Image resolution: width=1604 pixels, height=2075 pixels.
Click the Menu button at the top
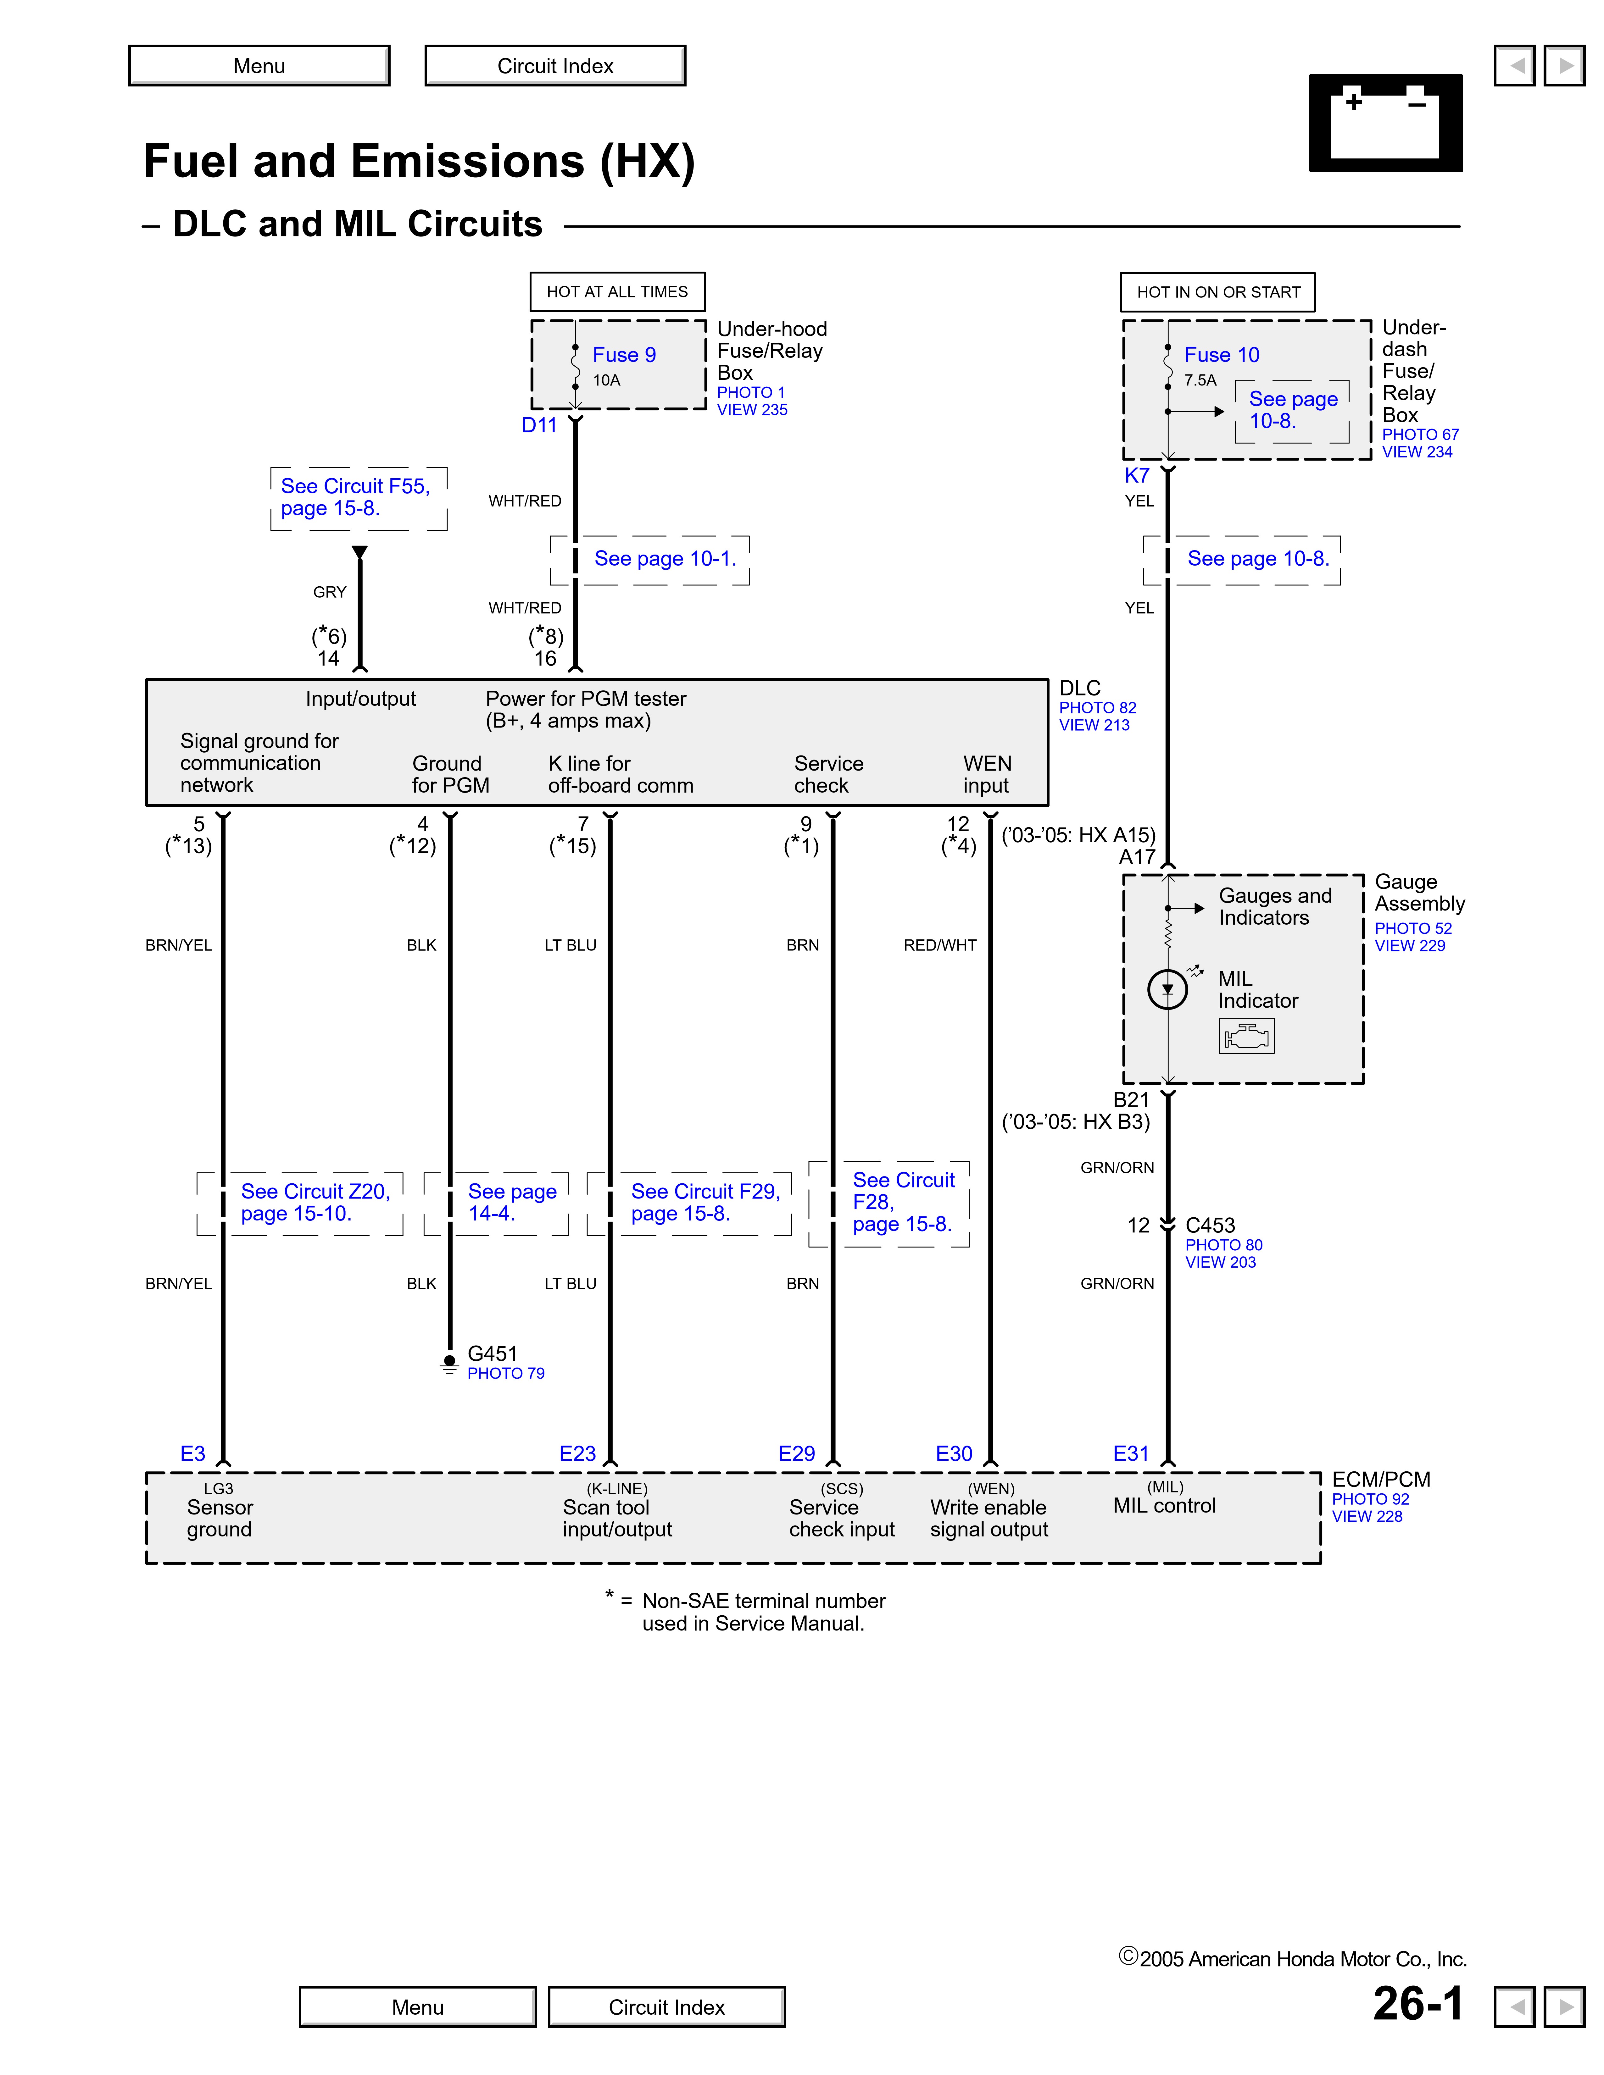(x=259, y=66)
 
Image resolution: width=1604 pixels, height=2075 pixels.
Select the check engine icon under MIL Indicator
(x=1246, y=1036)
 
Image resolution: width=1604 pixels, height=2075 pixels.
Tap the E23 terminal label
(x=577, y=1454)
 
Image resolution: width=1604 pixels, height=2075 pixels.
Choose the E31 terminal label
(x=1131, y=1454)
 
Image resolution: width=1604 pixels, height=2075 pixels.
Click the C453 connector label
(x=1210, y=1226)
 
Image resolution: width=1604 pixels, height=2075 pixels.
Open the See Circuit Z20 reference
(x=315, y=1202)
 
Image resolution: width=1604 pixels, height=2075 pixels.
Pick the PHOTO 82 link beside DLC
(x=1098, y=708)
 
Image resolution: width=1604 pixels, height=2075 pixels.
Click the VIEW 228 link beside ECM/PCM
(x=1367, y=1516)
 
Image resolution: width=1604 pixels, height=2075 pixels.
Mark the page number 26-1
(x=1418, y=2004)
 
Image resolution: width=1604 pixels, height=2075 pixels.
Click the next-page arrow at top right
(x=1564, y=66)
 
